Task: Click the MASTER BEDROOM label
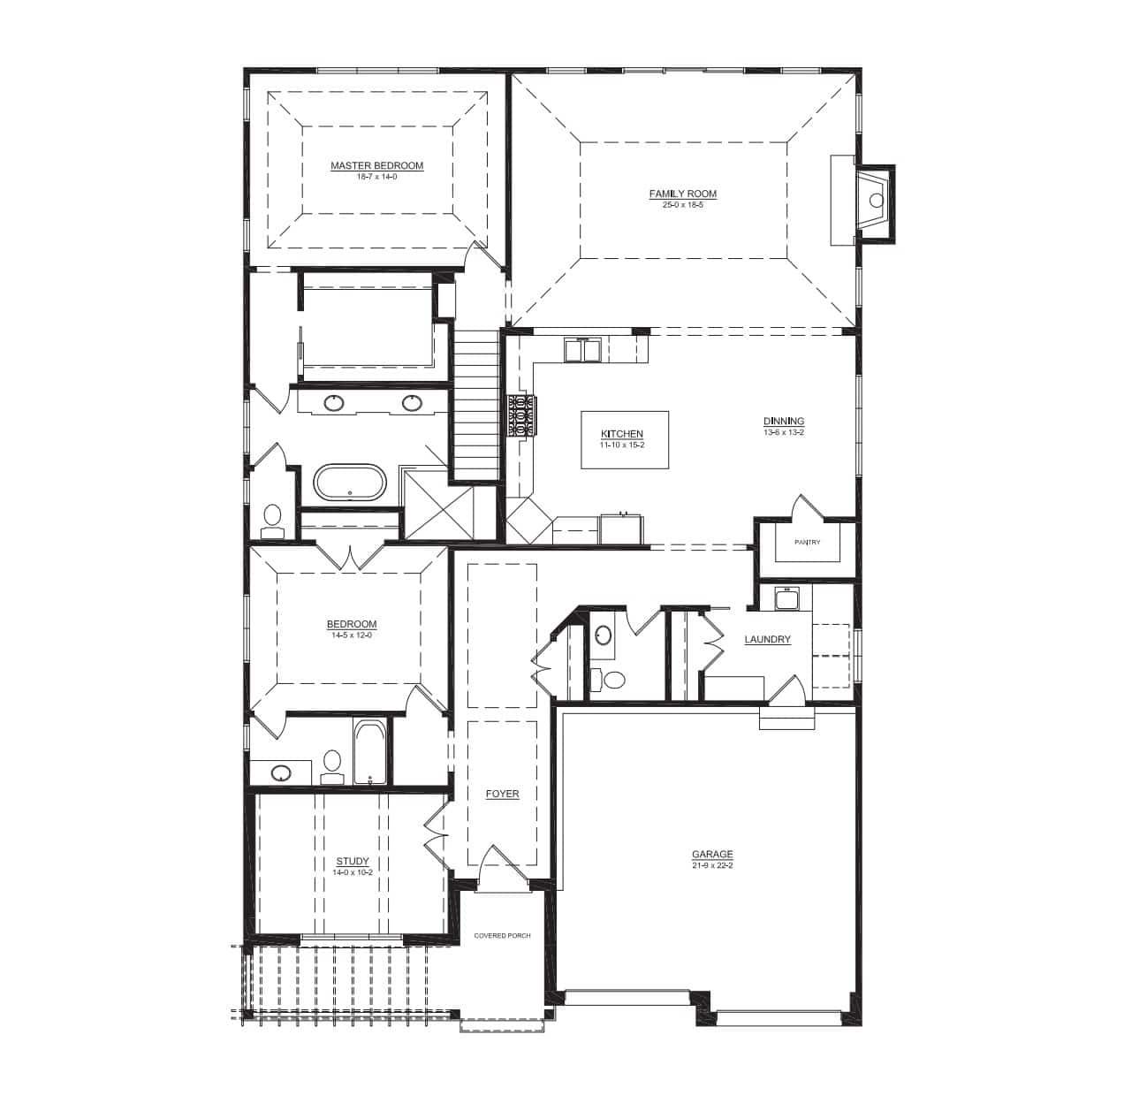tap(376, 165)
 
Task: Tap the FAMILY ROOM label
tap(682, 194)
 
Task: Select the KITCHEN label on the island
tap(622, 434)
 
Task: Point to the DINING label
tap(783, 421)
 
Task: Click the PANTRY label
tap(807, 542)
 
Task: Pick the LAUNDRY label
tap(767, 639)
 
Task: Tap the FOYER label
tap(502, 794)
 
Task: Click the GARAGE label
tap(712, 854)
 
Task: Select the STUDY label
tap(353, 861)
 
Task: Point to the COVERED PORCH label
tap(502, 935)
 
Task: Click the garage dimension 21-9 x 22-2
tap(712, 865)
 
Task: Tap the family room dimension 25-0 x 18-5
tap(682, 204)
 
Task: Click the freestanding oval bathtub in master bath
tap(349, 483)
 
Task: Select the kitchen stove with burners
tap(522, 415)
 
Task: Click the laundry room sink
tap(786, 599)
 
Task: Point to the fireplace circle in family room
tap(876, 201)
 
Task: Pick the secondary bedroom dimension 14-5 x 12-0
tap(352, 635)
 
